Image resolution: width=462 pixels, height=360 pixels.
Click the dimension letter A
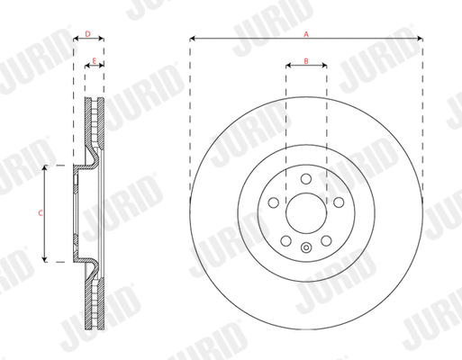[307, 32]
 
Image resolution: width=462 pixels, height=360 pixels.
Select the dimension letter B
[306, 61]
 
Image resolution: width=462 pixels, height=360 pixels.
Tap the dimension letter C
[39, 213]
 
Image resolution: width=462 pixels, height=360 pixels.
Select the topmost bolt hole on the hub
[306, 177]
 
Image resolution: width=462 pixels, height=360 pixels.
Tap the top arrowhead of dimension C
[47, 168]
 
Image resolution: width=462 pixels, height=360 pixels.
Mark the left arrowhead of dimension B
[289, 67]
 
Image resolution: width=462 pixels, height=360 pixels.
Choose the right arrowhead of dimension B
[323, 67]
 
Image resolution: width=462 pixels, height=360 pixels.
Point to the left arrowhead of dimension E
[87, 67]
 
